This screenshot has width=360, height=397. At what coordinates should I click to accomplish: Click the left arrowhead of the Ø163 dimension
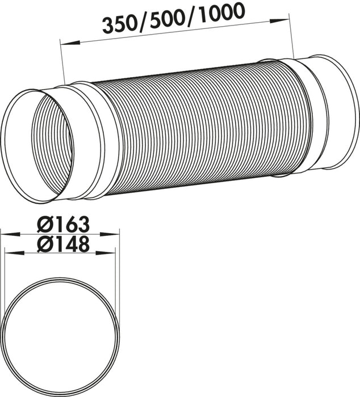coord(6,233)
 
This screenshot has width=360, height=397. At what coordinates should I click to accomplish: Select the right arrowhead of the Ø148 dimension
coord(110,252)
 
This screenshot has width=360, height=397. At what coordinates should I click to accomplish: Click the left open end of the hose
coord(37,145)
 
